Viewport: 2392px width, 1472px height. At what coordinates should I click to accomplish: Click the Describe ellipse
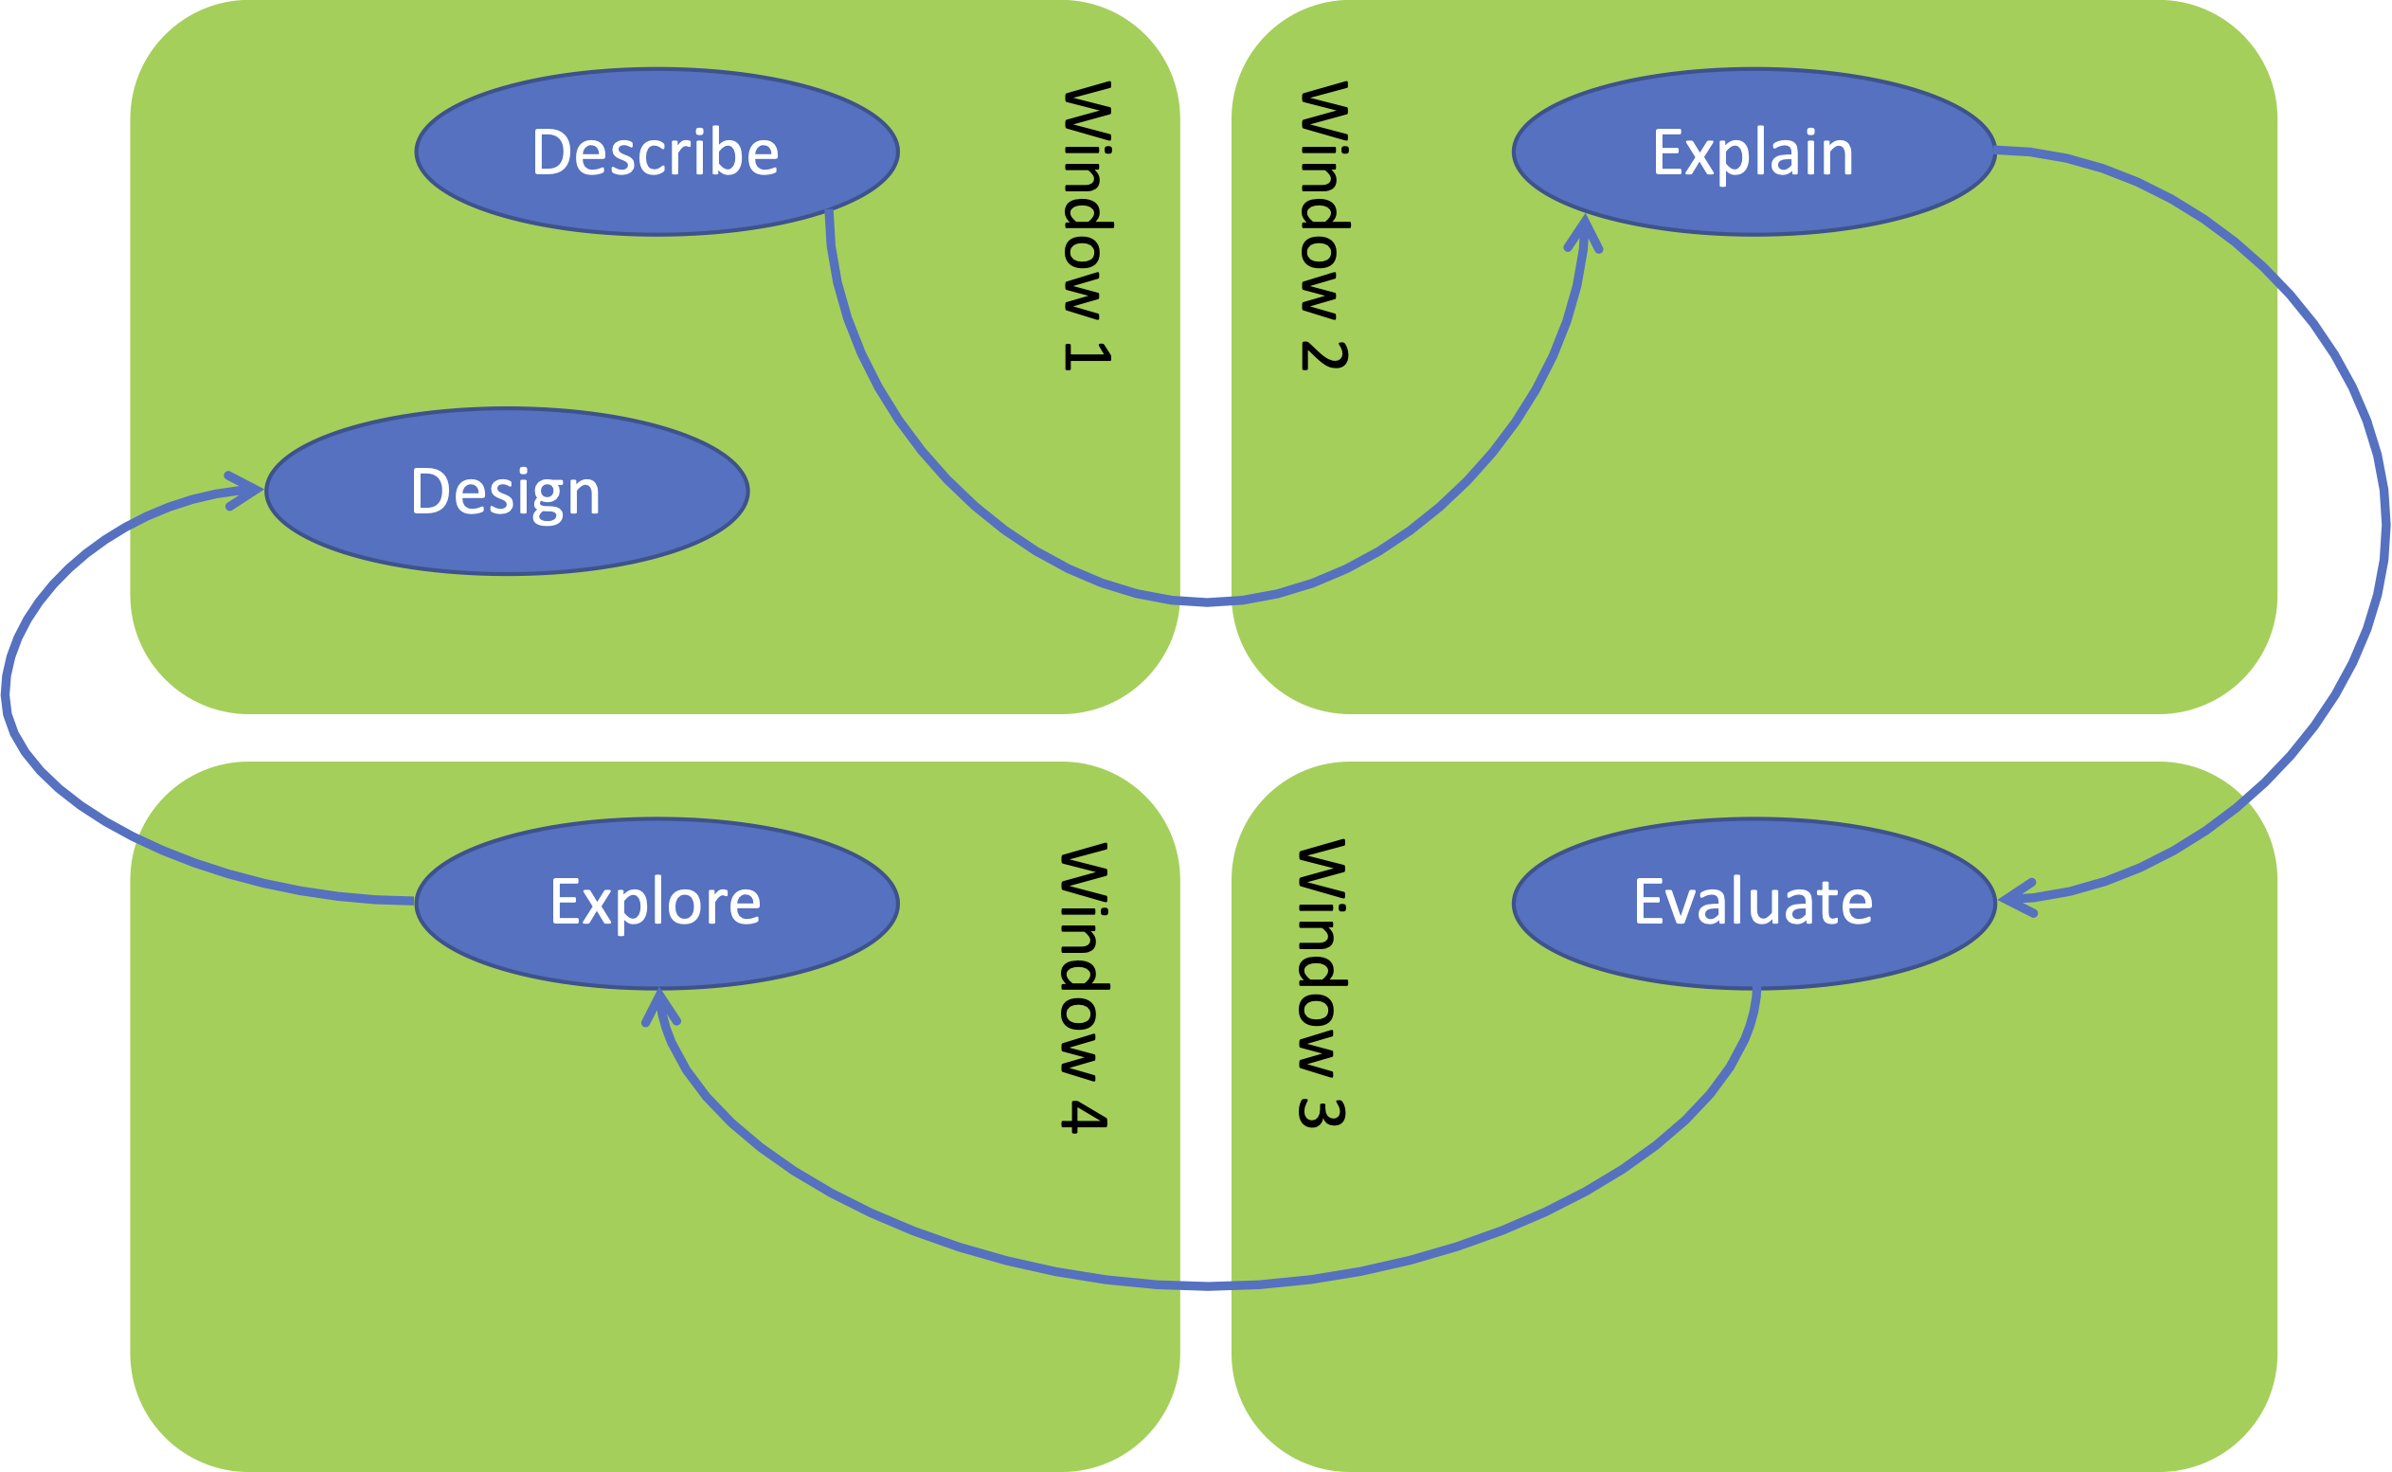(656, 152)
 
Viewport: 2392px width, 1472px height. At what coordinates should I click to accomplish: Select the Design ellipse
(506, 492)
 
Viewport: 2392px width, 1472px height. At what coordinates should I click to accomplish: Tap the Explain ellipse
(1754, 152)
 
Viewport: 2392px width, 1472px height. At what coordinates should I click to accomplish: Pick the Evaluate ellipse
(1754, 903)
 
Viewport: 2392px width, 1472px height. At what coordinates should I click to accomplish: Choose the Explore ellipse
(656, 903)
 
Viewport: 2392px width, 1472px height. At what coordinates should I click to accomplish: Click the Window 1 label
(1087, 225)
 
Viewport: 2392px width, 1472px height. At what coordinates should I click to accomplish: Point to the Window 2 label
(1324, 225)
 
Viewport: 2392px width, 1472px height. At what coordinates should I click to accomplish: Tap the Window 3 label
(1322, 983)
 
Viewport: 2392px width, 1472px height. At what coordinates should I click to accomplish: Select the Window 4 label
(1084, 986)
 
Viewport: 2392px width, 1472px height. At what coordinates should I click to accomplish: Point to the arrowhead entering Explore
(660, 1008)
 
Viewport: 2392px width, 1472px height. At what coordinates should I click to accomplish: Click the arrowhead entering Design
(245, 491)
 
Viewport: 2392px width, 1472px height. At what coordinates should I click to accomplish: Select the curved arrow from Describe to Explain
(1207, 602)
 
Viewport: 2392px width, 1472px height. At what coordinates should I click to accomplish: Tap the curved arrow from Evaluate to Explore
(1207, 1286)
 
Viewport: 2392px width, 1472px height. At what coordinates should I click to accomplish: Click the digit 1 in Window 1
(1087, 355)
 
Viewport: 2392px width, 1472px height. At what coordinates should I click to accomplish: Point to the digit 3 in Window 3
(1322, 1114)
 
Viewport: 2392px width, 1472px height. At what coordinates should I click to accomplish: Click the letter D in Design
(428, 491)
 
